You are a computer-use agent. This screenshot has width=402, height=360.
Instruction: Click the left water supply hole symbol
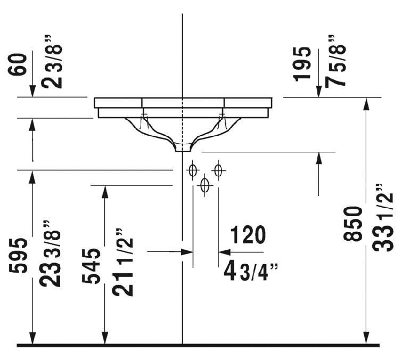(x=193, y=170)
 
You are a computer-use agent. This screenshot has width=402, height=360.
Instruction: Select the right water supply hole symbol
(x=217, y=170)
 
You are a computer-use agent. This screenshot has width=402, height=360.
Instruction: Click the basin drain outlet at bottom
(x=183, y=148)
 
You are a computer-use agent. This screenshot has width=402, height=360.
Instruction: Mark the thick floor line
(x=197, y=345)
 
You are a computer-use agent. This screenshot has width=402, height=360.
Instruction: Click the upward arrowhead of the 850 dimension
(x=366, y=103)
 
